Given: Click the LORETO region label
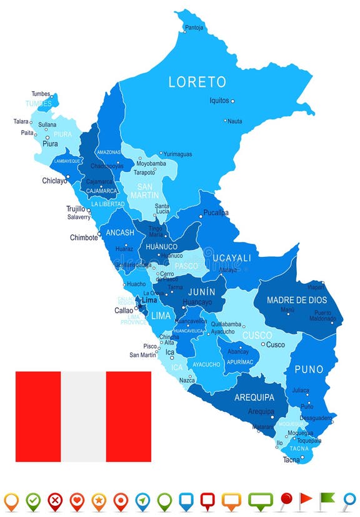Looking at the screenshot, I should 196,82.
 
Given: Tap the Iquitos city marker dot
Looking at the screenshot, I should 232,101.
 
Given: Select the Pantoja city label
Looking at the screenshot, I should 194,28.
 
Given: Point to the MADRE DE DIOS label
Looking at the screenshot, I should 297,300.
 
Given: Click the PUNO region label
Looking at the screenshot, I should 308,369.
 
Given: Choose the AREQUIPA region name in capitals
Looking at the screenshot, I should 254,397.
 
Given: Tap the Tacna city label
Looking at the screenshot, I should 291,459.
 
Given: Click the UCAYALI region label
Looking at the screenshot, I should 231,258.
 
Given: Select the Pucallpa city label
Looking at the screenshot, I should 216,213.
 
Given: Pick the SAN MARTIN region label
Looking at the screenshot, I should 145,191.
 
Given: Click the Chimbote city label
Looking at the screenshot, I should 84,238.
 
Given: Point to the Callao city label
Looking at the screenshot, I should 123,310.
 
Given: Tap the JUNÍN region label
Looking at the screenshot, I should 201,291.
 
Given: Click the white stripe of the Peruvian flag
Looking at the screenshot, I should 83,416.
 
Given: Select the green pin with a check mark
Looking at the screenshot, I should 33,500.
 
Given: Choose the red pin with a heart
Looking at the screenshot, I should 77,500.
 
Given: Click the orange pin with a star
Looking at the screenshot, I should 99,500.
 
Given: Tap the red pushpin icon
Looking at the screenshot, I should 285,499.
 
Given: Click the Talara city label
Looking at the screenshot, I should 21,121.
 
